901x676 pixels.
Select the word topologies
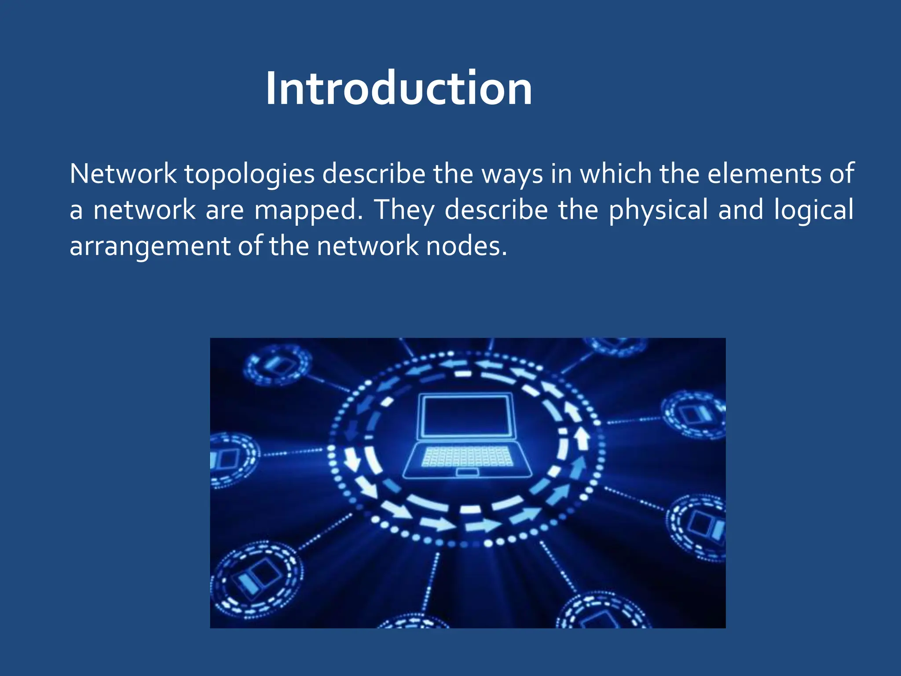[249, 174]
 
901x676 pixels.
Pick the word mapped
[308, 210]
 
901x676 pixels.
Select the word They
[404, 210]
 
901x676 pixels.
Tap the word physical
[658, 210]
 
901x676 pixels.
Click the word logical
[813, 210]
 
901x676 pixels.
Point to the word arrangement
[150, 246]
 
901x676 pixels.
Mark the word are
[225, 210]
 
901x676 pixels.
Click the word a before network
[76, 210]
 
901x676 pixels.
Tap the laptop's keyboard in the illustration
[467, 456]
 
